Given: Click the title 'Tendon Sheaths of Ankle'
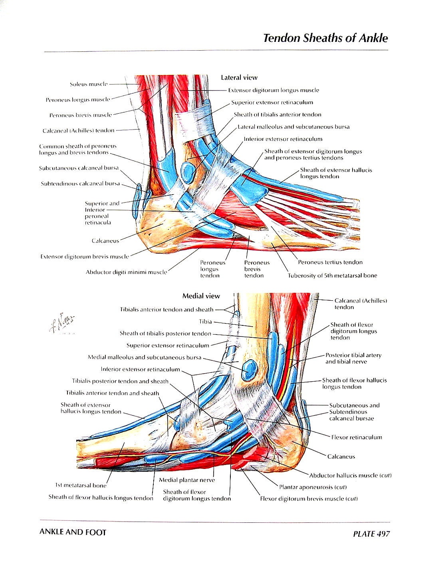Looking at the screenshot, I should [x=325, y=38].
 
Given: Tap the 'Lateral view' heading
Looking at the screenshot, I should [x=239, y=77].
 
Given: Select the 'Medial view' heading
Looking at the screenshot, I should [x=201, y=296].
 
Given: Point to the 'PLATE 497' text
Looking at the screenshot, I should [x=371, y=534].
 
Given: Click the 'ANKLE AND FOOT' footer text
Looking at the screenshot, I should [x=73, y=532].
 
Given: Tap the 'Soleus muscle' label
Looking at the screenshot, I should [x=88, y=84].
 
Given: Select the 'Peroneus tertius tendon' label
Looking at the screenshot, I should [x=330, y=262].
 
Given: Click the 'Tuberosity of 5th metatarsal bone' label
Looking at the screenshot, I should [x=332, y=275].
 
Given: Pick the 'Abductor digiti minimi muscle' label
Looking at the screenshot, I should [x=126, y=272].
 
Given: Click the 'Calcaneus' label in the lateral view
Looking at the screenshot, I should [x=105, y=240].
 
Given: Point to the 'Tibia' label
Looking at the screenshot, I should [x=205, y=321].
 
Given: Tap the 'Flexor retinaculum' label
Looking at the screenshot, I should [x=356, y=437].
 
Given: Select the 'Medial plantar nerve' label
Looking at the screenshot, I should [x=186, y=480].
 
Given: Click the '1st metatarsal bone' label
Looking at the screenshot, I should [x=81, y=485].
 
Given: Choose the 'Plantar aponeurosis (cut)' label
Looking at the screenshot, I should [x=313, y=487].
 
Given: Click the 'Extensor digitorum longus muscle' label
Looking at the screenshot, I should [x=274, y=90].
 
